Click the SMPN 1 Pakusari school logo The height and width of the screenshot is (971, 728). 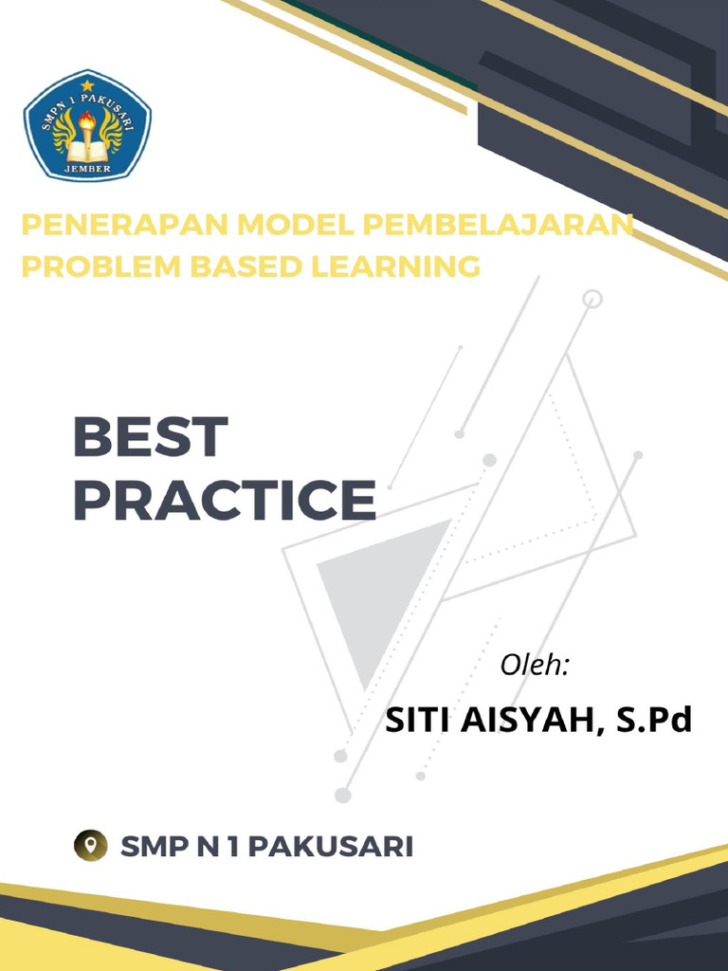pos(87,126)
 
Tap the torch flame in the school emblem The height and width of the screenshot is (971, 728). pos(87,120)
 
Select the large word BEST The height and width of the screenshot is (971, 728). pos(151,438)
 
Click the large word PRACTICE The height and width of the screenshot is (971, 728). pos(224,501)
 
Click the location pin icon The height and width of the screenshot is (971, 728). pos(91,846)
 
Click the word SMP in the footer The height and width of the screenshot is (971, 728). pos(154,846)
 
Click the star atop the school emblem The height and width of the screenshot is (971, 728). pos(87,85)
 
